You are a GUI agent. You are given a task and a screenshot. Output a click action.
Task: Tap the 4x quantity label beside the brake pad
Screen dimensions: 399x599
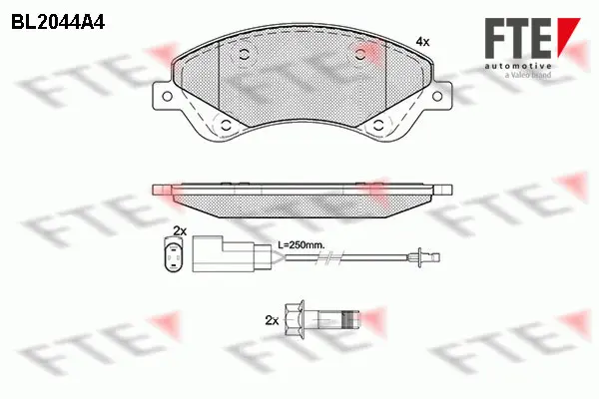tap(422, 42)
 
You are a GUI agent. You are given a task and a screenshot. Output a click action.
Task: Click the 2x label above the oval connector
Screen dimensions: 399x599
tap(180, 230)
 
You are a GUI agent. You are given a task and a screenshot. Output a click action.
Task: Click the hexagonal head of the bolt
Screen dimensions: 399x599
tap(297, 320)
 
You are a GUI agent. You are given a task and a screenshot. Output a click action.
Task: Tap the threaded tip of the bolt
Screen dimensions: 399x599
tap(347, 320)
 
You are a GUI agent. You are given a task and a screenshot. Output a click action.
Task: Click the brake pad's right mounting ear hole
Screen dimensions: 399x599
tap(436, 96)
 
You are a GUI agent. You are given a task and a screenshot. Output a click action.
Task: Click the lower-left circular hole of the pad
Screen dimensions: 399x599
tap(226, 125)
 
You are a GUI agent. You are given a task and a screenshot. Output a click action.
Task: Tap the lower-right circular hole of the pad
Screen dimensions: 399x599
tap(378, 125)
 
